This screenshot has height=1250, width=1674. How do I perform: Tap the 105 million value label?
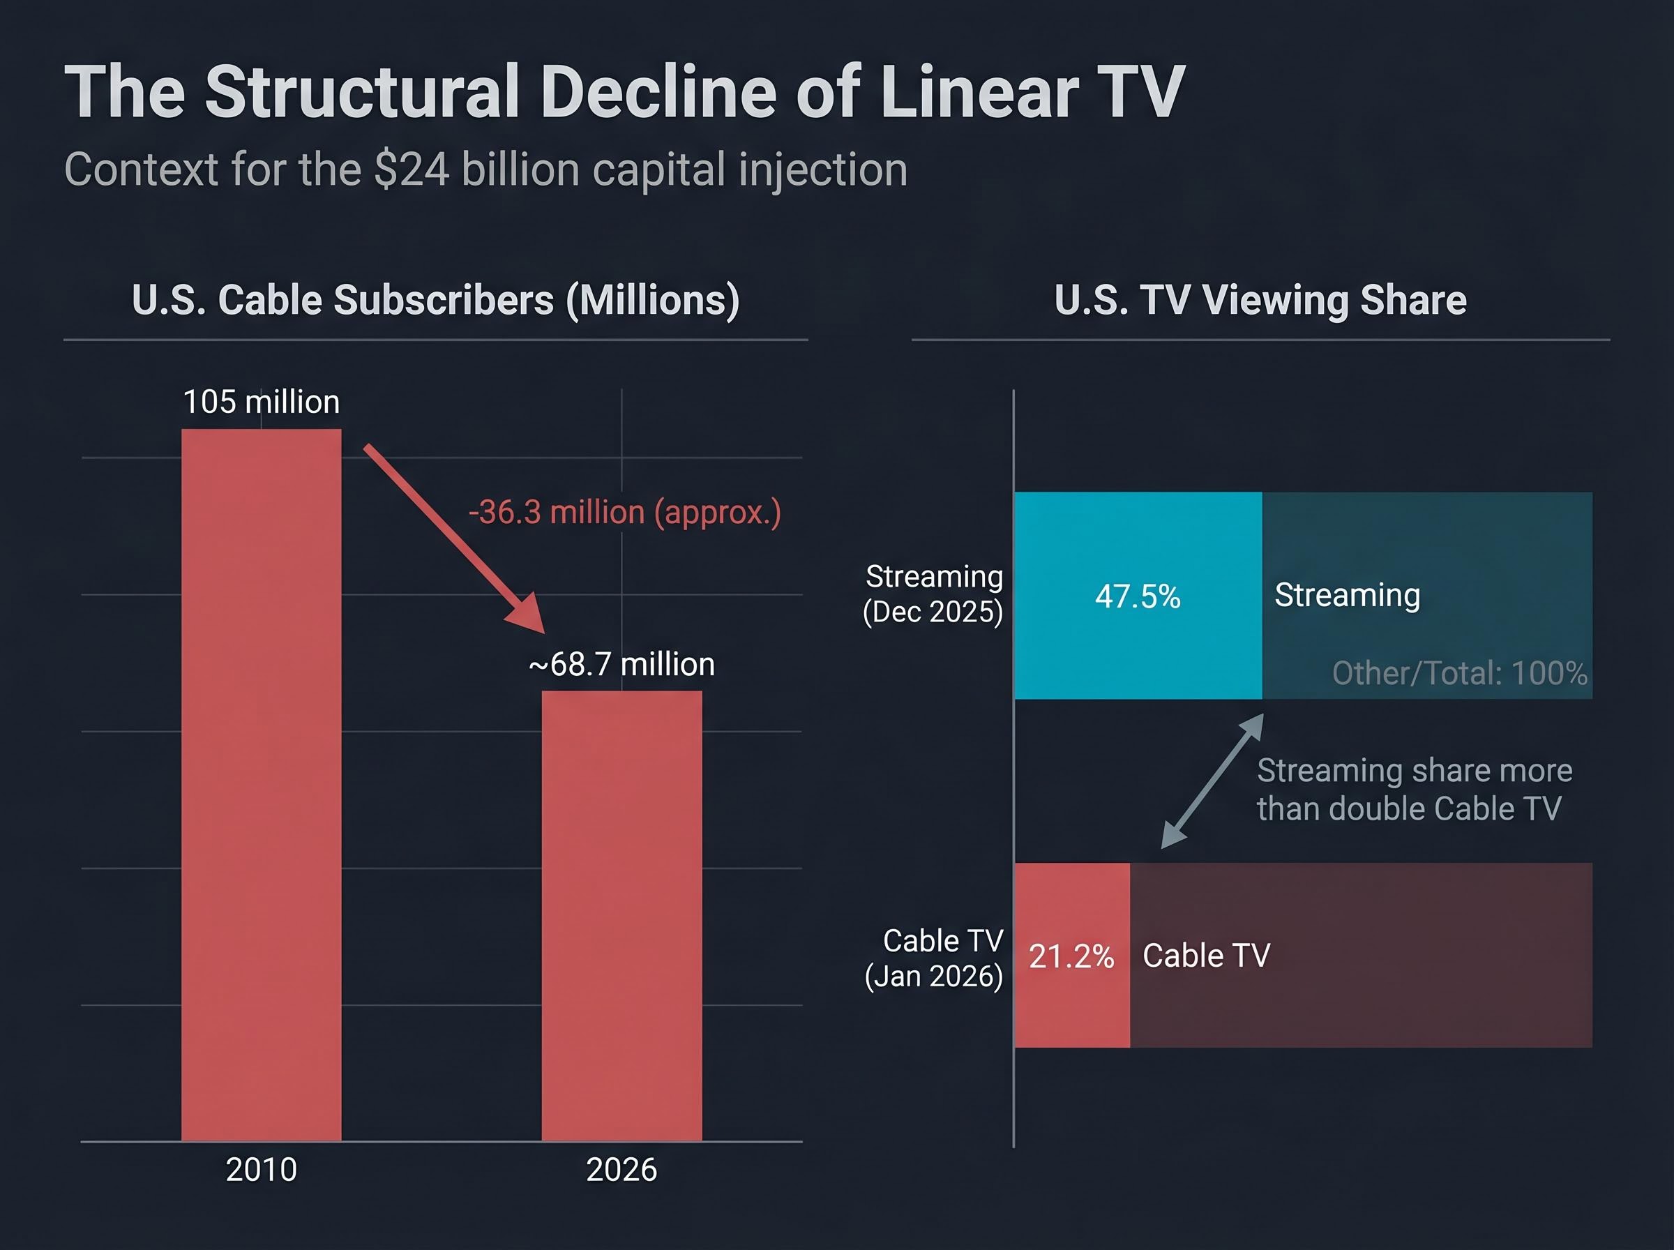tap(261, 402)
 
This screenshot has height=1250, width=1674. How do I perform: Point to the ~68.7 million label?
tap(621, 664)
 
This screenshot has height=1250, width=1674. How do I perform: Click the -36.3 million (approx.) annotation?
tap(624, 512)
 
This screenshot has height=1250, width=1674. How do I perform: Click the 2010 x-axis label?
tap(261, 1170)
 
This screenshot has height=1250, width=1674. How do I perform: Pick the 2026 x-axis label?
tap(621, 1170)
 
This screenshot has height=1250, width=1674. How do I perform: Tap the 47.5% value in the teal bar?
tap(1137, 596)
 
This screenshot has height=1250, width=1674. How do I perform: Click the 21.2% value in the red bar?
tap(1071, 956)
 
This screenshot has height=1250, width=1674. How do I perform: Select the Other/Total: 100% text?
tap(1459, 672)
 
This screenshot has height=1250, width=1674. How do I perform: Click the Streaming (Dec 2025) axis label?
tap(933, 594)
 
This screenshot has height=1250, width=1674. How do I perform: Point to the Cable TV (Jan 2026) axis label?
tap(934, 958)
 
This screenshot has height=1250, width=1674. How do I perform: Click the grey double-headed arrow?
tap(1212, 781)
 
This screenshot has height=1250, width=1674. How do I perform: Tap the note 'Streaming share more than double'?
tap(1413, 789)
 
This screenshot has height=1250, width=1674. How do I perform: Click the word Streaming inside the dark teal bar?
tap(1346, 595)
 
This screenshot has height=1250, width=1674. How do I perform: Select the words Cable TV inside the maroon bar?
tap(1206, 955)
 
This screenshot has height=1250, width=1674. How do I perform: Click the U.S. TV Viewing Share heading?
tap(1260, 300)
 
